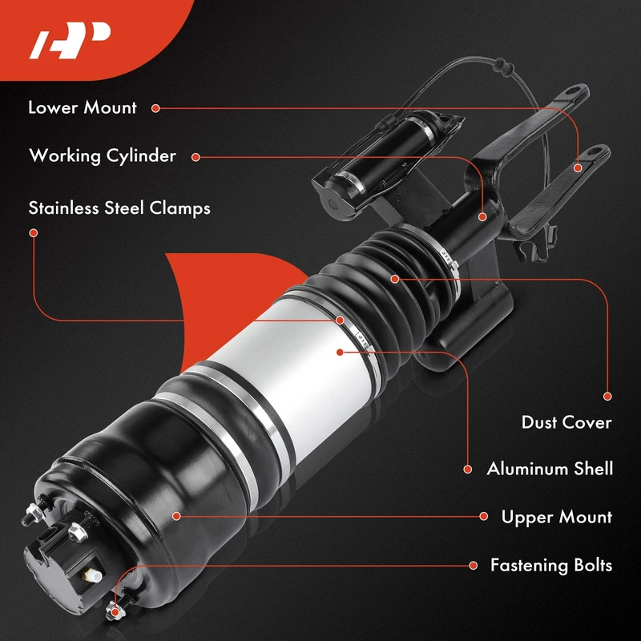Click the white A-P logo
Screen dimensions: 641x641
tap(70, 40)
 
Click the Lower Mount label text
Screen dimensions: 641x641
tap(83, 107)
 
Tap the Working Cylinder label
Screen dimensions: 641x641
tap(103, 155)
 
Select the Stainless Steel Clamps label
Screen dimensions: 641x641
tap(119, 208)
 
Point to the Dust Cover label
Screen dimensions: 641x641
tap(566, 422)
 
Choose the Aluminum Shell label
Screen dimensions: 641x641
tap(550, 469)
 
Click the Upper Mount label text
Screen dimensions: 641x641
tap(557, 517)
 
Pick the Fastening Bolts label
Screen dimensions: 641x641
tap(551, 566)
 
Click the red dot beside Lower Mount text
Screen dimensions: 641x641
tap(155, 108)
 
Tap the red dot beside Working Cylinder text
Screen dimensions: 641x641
tap(196, 157)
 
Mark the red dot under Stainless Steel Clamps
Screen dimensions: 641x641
tap(34, 232)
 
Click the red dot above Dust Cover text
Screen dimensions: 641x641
tap(607, 396)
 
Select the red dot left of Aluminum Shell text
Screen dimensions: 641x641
tap(468, 470)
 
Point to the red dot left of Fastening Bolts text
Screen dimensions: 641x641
tap(474, 566)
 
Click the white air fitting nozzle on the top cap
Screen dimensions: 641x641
tap(94, 575)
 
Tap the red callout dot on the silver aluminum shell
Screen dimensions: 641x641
tap(340, 352)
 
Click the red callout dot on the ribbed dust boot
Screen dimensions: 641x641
tap(394, 279)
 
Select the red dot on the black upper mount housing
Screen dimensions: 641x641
tap(176, 516)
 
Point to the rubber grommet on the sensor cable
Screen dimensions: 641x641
tap(500, 63)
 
